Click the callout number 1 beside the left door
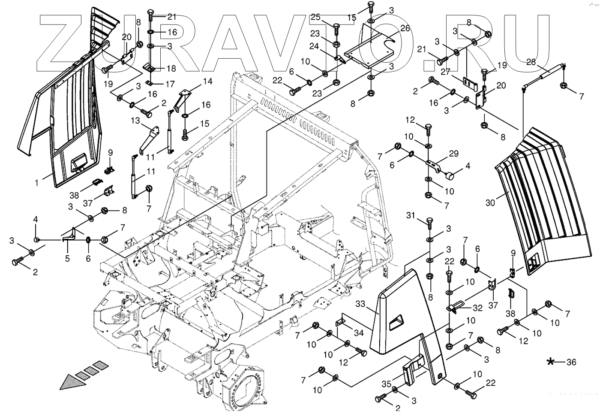point(37,183)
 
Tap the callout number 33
point(361,304)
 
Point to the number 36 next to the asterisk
point(571,363)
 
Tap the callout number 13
point(135,121)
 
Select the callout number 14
point(207,81)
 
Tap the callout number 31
point(411,215)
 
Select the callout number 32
point(477,308)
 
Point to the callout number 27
point(445,72)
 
